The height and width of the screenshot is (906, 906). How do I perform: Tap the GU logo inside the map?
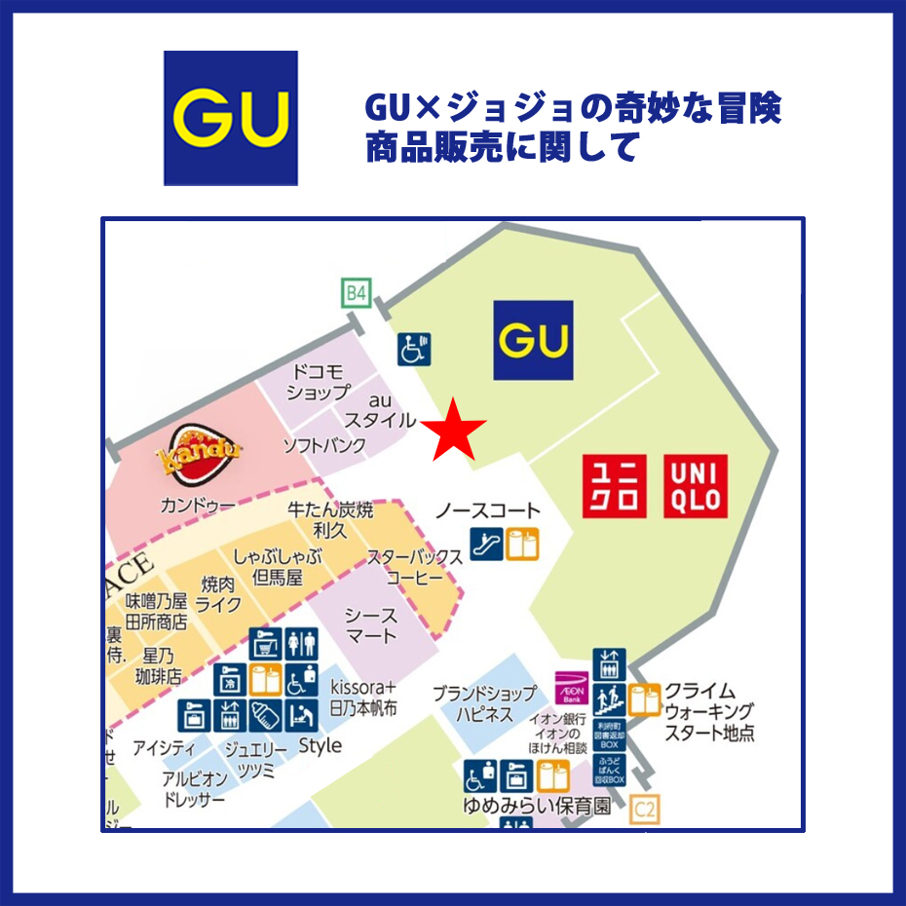[x=532, y=340]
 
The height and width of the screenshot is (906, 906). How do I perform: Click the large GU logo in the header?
[x=230, y=118]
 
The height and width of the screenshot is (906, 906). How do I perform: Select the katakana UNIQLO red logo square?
[x=615, y=486]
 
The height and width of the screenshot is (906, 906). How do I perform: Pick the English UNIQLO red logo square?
[x=696, y=486]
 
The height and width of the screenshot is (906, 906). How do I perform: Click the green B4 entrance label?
[x=357, y=292]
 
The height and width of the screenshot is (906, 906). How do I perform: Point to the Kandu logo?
[x=199, y=454]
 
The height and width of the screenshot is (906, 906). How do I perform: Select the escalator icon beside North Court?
[x=485, y=544]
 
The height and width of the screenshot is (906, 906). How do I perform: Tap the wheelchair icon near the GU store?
[x=415, y=348]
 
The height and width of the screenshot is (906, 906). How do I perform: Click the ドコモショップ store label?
[x=318, y=383]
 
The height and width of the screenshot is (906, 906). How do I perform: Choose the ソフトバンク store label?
[x=324, y=446]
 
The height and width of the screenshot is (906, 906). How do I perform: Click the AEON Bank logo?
[x=571, y=689]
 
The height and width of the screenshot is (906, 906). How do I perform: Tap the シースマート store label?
[x=371, y=625]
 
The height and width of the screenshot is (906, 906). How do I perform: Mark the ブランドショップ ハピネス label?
[x=485, y=704]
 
